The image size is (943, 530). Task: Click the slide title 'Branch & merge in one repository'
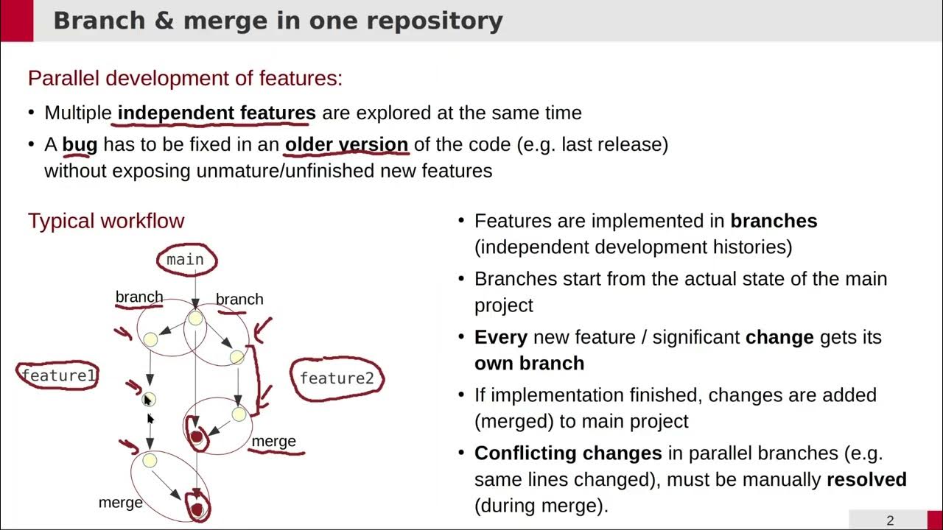coord(278,21)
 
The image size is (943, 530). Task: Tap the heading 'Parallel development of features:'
coord(185,78)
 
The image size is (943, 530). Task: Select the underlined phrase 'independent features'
coord(217,113)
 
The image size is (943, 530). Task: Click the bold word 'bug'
coord(80,144)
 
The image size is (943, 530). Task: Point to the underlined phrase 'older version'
coord(346,144)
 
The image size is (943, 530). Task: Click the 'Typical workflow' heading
coord(106,221)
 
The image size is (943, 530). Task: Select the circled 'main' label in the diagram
coord(185,260)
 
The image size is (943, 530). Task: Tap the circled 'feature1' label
coord(58,376)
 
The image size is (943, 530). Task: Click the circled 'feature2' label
coord(337,378)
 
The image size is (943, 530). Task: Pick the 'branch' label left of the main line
coord(139,297)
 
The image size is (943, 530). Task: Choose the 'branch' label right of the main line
coord(239,299)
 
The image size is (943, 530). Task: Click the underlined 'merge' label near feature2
coord(274,441)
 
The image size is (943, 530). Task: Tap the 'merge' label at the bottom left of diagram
coord(120,503)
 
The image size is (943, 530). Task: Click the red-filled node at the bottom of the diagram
coord(197,509)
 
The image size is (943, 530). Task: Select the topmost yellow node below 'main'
coord(195,318)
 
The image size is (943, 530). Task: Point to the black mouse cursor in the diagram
coord(147,400)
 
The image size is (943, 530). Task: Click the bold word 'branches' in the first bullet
coord(774,221)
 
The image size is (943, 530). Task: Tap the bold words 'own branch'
coord(529,364)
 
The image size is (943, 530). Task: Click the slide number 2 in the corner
coord(890,520)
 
